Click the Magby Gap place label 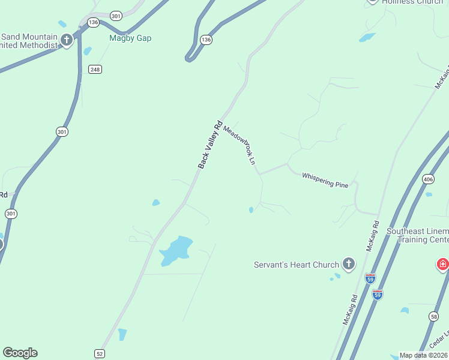click(x=130, y=38)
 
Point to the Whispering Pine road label click(x=325, y=180)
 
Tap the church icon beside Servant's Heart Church click(x=349, y=264)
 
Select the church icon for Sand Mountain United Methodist click(x=66, y=41)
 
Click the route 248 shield click(x=95, y=70)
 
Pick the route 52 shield click(x=100, y=354)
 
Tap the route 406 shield click(x=428, y=179)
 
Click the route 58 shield click(x=434, y=316)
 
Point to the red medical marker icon click(x=443, y=264)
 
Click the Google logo click(x=20, y=353)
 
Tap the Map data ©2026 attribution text click(x=423, y=355)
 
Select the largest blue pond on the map click(x=175, y=250)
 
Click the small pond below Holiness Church click(x=367, y=37)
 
